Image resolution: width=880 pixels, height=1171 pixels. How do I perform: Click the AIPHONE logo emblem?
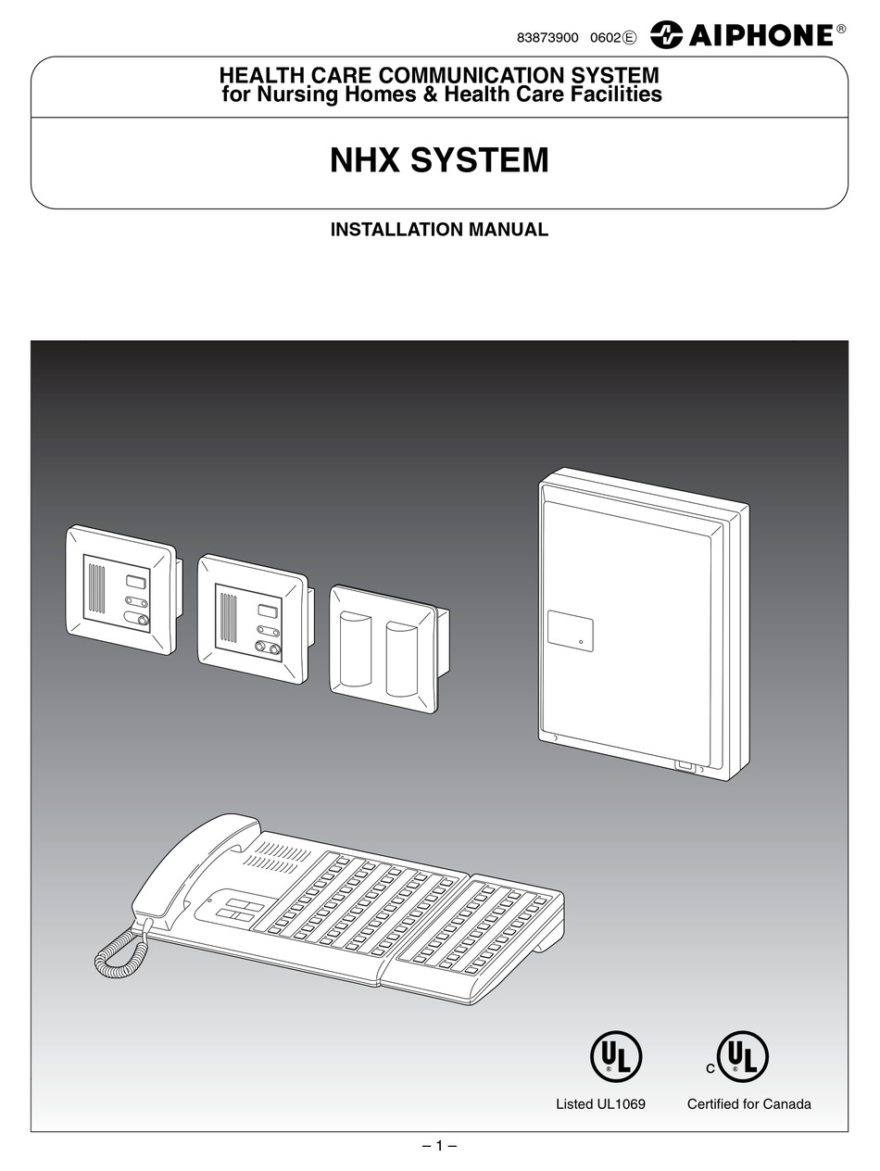pos(666,35)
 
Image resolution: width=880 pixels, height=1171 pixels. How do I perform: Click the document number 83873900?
pos(547,37)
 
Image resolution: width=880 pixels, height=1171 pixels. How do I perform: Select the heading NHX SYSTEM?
pos(439,160)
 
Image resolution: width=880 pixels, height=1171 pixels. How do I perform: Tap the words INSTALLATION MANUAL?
pos(439,229)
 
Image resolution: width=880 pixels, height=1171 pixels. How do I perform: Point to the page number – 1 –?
pos(439,1145)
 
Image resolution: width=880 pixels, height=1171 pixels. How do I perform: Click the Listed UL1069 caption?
pos(600,1103)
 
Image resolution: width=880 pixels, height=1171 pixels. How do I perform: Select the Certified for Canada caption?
pos(748,1103)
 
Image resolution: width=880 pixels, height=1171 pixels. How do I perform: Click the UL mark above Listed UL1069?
pos(616,1056)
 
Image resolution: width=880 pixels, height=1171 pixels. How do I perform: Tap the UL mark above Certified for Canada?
pos(743,1056)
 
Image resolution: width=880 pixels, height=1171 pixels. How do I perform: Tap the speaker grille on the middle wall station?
pos(228,618)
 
